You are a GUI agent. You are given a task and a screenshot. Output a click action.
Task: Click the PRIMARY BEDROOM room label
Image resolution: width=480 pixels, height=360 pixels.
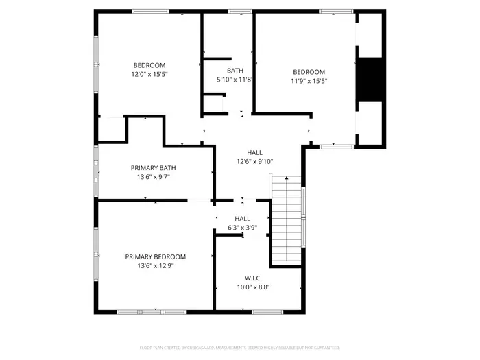pos(155,256)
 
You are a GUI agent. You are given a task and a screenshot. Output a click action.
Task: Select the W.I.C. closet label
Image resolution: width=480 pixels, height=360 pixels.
pos(253,278)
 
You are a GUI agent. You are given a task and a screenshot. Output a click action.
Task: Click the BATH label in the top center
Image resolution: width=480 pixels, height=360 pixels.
pos(235,71)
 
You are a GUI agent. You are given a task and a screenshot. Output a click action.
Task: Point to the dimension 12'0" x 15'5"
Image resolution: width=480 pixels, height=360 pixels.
pos(149,74)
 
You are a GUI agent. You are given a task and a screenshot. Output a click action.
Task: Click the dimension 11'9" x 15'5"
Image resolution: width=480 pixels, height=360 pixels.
pos(309,80)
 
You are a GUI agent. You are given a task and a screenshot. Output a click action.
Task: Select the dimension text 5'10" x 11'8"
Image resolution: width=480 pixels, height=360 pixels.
pos(235,80)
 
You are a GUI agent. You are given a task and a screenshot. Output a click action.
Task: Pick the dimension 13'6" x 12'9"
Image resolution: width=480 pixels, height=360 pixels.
pos(155,265)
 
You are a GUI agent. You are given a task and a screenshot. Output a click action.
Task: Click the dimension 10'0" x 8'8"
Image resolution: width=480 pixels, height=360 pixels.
pos(253,287)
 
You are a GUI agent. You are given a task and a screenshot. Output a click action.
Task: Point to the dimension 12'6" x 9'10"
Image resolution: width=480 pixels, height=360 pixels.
pos(254,161)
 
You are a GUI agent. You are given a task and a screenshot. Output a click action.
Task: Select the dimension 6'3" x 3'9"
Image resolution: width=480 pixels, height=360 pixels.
pos(242,227)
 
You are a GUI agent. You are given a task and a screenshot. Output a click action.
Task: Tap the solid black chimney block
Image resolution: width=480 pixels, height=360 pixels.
pos(370,80)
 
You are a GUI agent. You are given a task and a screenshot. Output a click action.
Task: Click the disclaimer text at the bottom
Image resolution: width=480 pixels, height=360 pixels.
pos(239,348)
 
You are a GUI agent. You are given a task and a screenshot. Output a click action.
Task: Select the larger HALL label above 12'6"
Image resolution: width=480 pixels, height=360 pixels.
pos(254,152)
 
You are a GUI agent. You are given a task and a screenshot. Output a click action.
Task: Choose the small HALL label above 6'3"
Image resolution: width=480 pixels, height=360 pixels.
pos(242,218)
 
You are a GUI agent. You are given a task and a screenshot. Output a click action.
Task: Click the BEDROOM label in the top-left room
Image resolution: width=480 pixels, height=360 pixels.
pos(149,65)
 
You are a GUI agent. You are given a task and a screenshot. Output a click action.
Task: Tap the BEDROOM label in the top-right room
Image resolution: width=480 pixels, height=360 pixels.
pos(309,71)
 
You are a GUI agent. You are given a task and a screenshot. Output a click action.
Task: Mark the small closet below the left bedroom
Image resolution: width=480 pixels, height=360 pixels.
pos(111,128)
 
